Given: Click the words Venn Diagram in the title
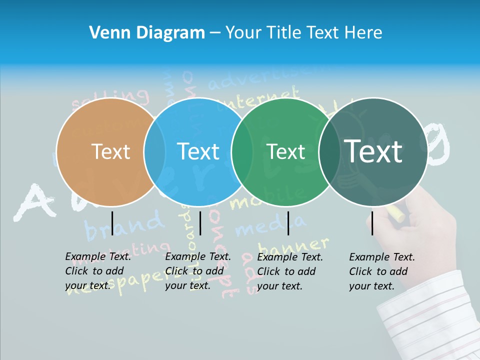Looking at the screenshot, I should [x=147, y=33].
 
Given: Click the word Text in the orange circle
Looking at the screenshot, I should [x=110, y=151].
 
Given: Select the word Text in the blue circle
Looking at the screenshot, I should [x=198, y=151].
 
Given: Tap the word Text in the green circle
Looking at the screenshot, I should [x=286, y=151].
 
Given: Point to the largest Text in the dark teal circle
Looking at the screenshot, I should [x=373, y=151].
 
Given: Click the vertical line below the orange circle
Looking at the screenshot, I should [x=112, y=223].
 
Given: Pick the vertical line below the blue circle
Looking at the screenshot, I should [x=200, y=223].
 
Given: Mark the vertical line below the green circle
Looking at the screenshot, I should [x=288, y=223].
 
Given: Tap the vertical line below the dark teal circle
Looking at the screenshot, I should [x=372, y=223].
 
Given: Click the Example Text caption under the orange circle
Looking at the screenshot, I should [x=98, y=271].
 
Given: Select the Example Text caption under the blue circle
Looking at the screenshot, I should [x=198, y=271].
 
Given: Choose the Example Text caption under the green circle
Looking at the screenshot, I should [x=290, y=271].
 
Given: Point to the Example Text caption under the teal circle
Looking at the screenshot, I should [x=382, y=271].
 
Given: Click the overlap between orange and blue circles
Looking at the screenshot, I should [x=154, y=151].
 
